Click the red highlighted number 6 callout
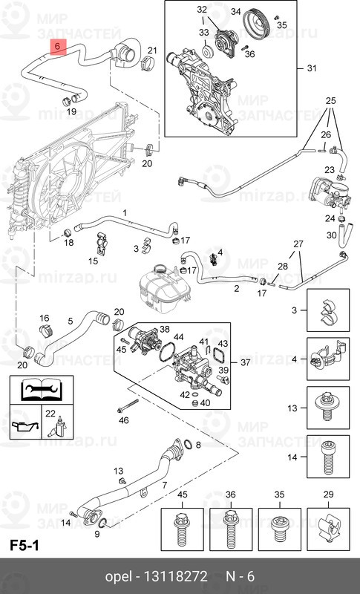coord(59,47)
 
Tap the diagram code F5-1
coord(24,546)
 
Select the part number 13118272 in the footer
coord(175,576)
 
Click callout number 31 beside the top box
coord(312,68)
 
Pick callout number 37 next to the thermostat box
coord(245,362)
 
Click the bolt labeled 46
coord(128,405)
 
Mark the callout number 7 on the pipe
coord(164,485)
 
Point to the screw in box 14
coord(328,459)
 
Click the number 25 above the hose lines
coord(330,101)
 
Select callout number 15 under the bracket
coord(93,261)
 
